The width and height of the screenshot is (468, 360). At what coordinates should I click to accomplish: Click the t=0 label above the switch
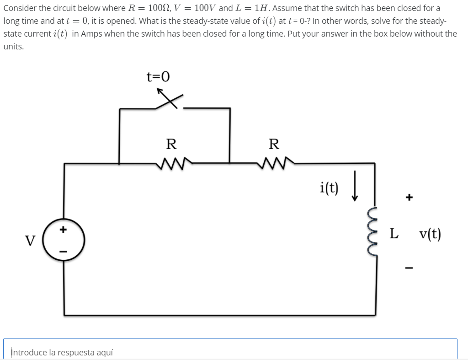[x=158, y=76]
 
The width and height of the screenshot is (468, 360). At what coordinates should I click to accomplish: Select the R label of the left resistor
[x=171, y=144]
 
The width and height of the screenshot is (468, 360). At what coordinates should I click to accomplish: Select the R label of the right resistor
[x=274, y=144]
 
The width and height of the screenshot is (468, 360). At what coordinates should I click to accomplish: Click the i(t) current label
[x=330, y=187]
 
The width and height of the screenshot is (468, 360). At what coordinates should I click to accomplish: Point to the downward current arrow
[x=354, y=190]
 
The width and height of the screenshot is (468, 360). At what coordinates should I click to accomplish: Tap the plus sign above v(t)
[x=409, y=198]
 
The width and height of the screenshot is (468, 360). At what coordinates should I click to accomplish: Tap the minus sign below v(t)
[x=409, y=268]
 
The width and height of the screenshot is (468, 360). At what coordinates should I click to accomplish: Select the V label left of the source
[x=30, y=240]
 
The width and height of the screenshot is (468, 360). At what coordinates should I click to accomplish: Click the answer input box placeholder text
[x=62, y=352]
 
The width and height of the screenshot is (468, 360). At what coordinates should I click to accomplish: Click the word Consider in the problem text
[x=19, y=8]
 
